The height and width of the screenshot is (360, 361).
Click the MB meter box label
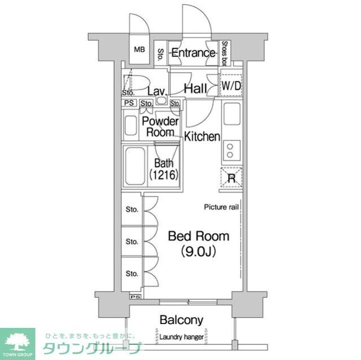pos(139,49)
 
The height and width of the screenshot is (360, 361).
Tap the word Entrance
pos(193,53)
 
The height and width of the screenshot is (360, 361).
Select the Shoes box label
pos(224,54)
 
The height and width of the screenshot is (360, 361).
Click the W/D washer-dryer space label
pos(231,86)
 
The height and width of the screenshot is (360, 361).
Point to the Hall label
pos(196,88)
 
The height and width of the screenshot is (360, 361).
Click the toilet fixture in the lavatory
pos(137,82)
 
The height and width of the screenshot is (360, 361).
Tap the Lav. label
pos(157,92)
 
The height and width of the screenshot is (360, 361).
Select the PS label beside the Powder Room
pos(129,103)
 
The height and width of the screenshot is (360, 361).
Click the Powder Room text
pos(160,127)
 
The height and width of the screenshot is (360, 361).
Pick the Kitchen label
pos(202,136)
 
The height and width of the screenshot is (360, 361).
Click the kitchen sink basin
pos(232,114)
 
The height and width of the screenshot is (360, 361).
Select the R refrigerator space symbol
pos(231,177)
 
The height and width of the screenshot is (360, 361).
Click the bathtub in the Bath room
pos(135,166)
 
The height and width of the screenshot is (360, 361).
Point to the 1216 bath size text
pos(164,175)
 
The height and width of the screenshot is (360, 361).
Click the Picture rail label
pos(221,207)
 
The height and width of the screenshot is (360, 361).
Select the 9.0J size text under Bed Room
pos(199,251)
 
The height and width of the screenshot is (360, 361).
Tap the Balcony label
pos(182,320)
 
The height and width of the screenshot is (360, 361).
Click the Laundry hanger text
pos(182,337)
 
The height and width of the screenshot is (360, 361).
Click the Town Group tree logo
pos(17,342)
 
